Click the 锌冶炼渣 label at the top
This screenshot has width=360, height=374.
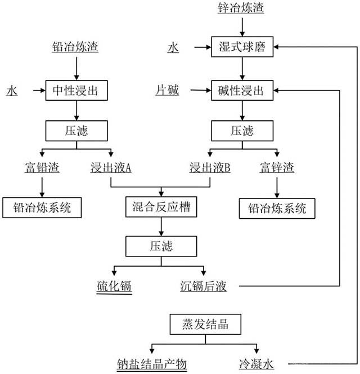(241, 7)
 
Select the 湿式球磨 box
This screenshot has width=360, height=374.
(242, 47)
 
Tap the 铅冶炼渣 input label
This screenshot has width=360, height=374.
(75, 47)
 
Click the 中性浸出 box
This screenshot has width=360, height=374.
(76, 91)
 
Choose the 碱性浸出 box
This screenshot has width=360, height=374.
(242, 91)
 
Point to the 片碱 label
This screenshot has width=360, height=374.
(167, 91)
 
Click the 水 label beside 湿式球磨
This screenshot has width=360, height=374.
(173, 47)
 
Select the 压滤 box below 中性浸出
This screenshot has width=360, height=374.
(76, 130)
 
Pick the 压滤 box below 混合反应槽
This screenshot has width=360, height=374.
(161, 246)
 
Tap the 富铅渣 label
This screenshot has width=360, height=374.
(42, 167)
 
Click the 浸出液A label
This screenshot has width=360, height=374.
(111, 167)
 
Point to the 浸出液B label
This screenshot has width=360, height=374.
(210, 167)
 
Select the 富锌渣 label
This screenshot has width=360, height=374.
(277, 167)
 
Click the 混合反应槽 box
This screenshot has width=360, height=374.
(161, 207)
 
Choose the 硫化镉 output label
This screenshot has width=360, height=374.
(114, 286)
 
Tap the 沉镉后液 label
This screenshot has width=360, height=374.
(203, 286)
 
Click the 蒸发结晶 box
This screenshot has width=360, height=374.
(205, 324)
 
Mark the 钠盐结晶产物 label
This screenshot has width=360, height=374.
(152, 364)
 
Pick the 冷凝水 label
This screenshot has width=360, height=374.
(256, 364)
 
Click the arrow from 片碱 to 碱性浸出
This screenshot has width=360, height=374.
(201, 90)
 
